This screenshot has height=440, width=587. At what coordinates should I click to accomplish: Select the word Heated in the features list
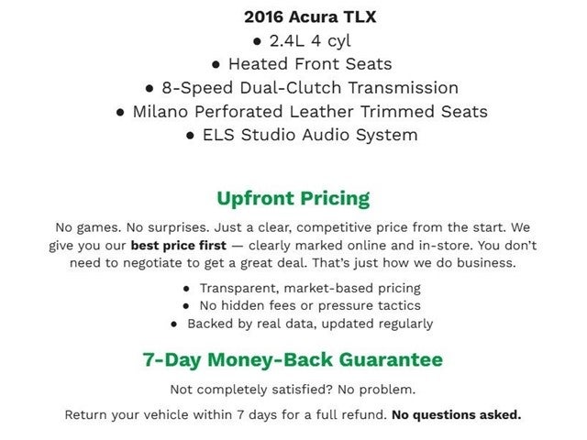257,64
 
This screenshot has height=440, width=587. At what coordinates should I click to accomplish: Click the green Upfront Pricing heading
293,198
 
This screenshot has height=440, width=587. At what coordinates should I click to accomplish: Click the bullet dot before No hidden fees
186,306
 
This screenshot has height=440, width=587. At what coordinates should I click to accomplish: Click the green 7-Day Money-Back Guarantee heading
293,359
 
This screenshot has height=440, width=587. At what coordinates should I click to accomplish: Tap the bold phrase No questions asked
456,414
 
